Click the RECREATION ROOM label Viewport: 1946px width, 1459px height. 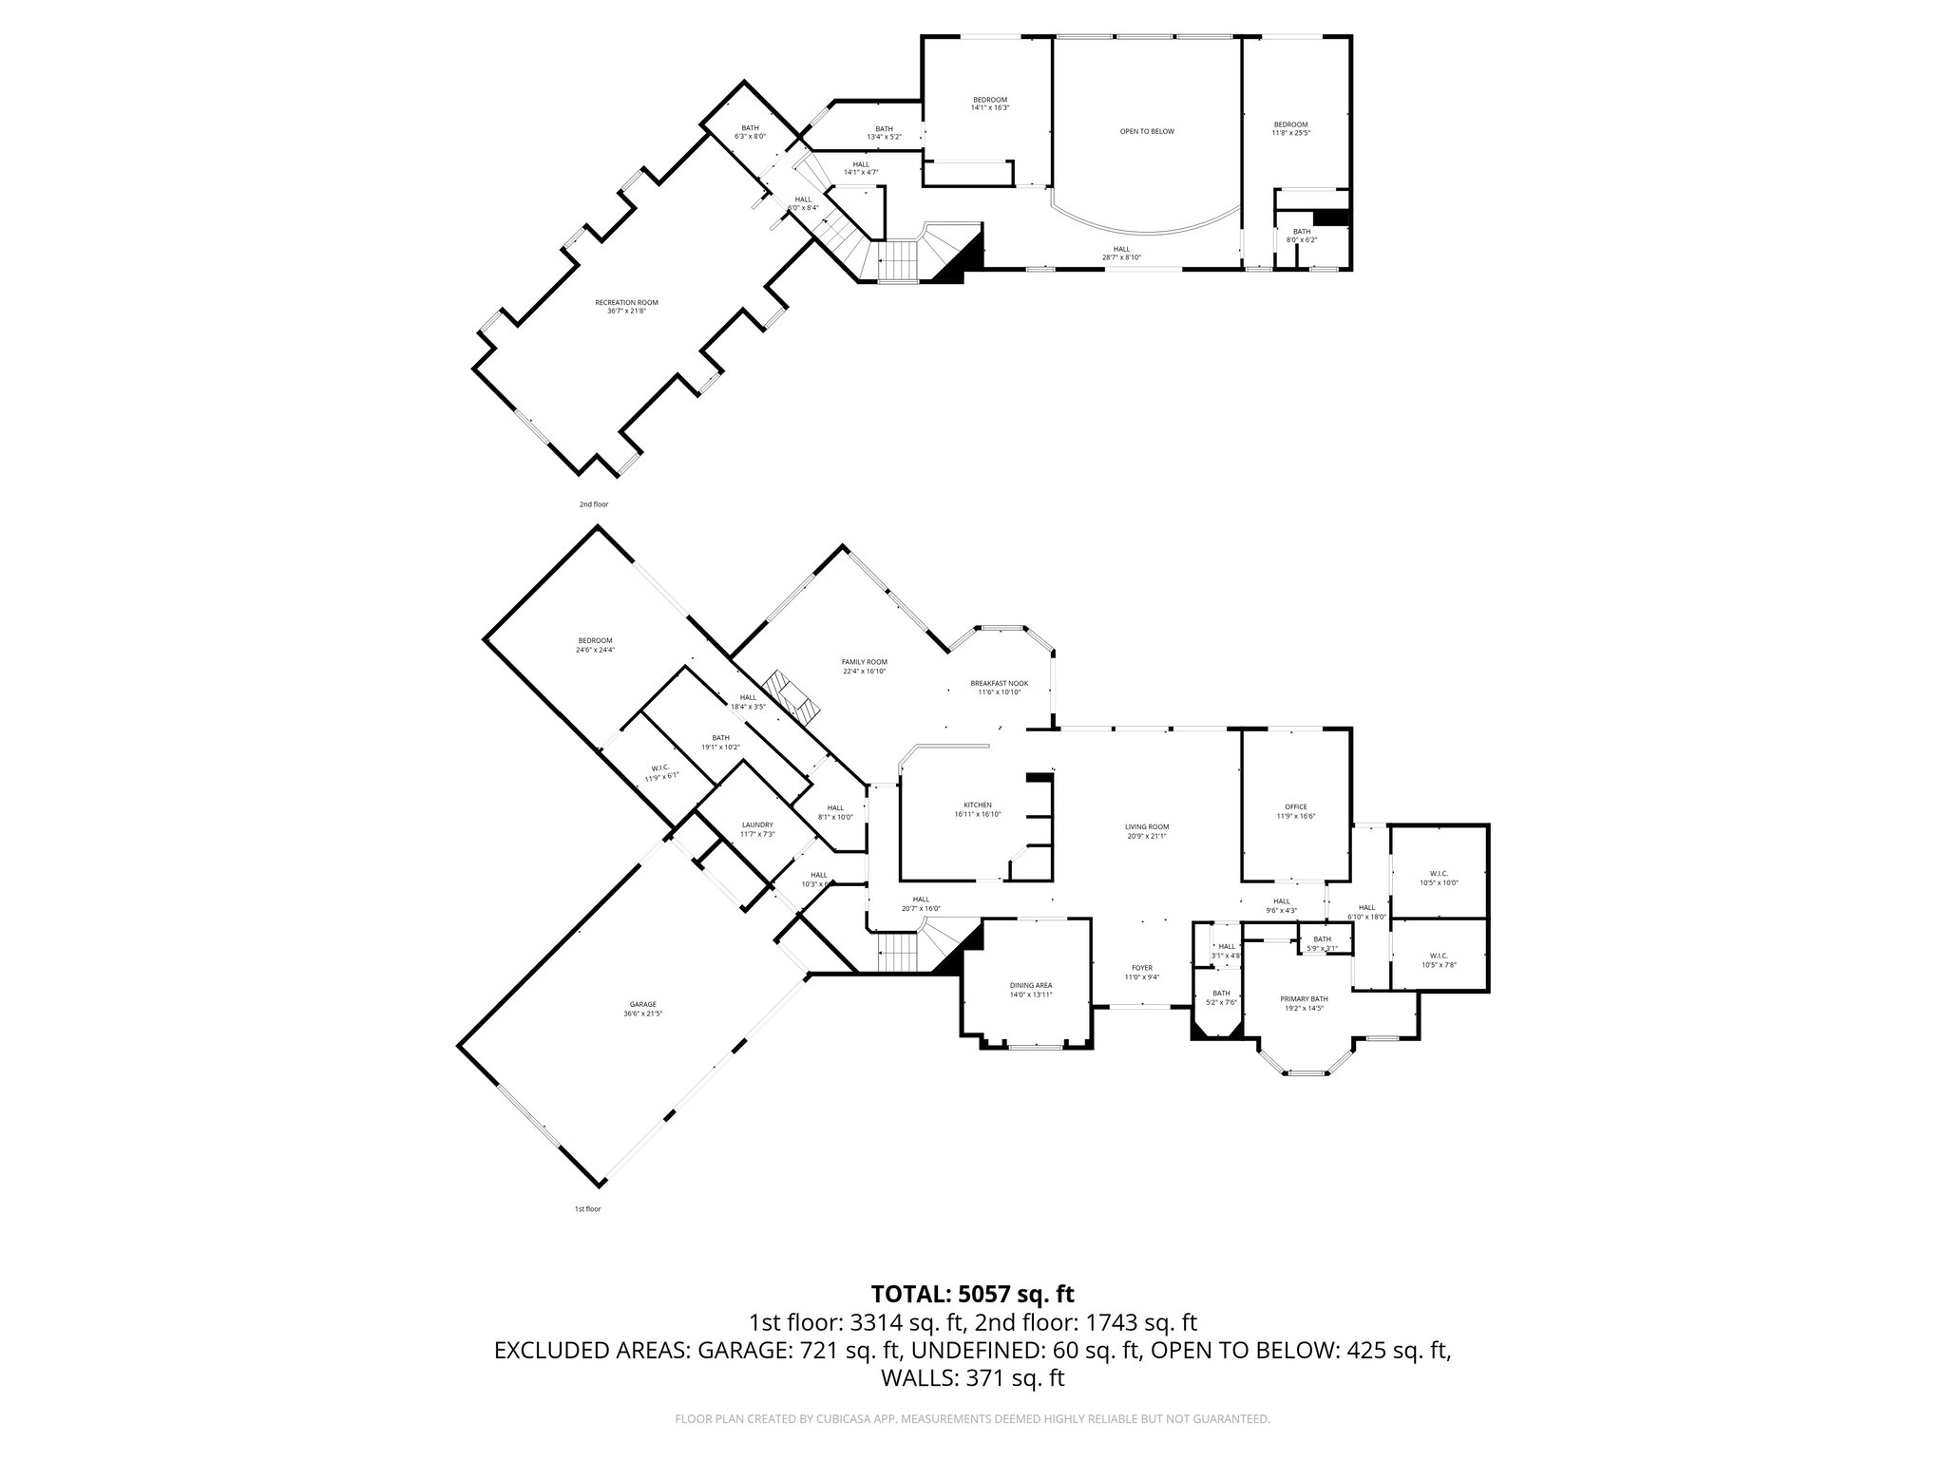click(626, 302)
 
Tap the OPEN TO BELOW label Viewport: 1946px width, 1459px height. click(1147, 131)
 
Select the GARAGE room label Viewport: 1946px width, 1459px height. click(642, 1005)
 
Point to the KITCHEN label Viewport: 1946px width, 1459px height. click(977, 805)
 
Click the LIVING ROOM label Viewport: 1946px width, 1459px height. click(1146, 826)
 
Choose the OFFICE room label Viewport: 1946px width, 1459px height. click(1296, 807)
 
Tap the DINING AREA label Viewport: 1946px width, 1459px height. click(1031, 985)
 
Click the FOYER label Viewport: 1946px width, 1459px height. click(1141, 968)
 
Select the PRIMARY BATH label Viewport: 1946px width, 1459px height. click(1304, 998)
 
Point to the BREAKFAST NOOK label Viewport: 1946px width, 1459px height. click(999, 683)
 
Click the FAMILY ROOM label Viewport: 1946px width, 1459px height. click(864, 662)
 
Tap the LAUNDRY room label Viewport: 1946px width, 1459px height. click(757, 825)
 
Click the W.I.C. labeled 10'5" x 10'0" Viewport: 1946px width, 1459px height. click(1439, 873)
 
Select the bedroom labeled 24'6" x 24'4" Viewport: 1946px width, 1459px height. click(595, 640)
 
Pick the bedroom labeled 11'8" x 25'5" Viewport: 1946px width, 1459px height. click(1290, 124)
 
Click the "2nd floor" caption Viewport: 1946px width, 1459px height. click(594, 504)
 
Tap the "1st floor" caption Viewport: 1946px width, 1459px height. click(587, 1209)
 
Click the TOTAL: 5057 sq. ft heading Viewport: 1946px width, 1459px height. click(972, 1293)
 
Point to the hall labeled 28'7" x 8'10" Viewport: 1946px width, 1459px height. click(1121, 249)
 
